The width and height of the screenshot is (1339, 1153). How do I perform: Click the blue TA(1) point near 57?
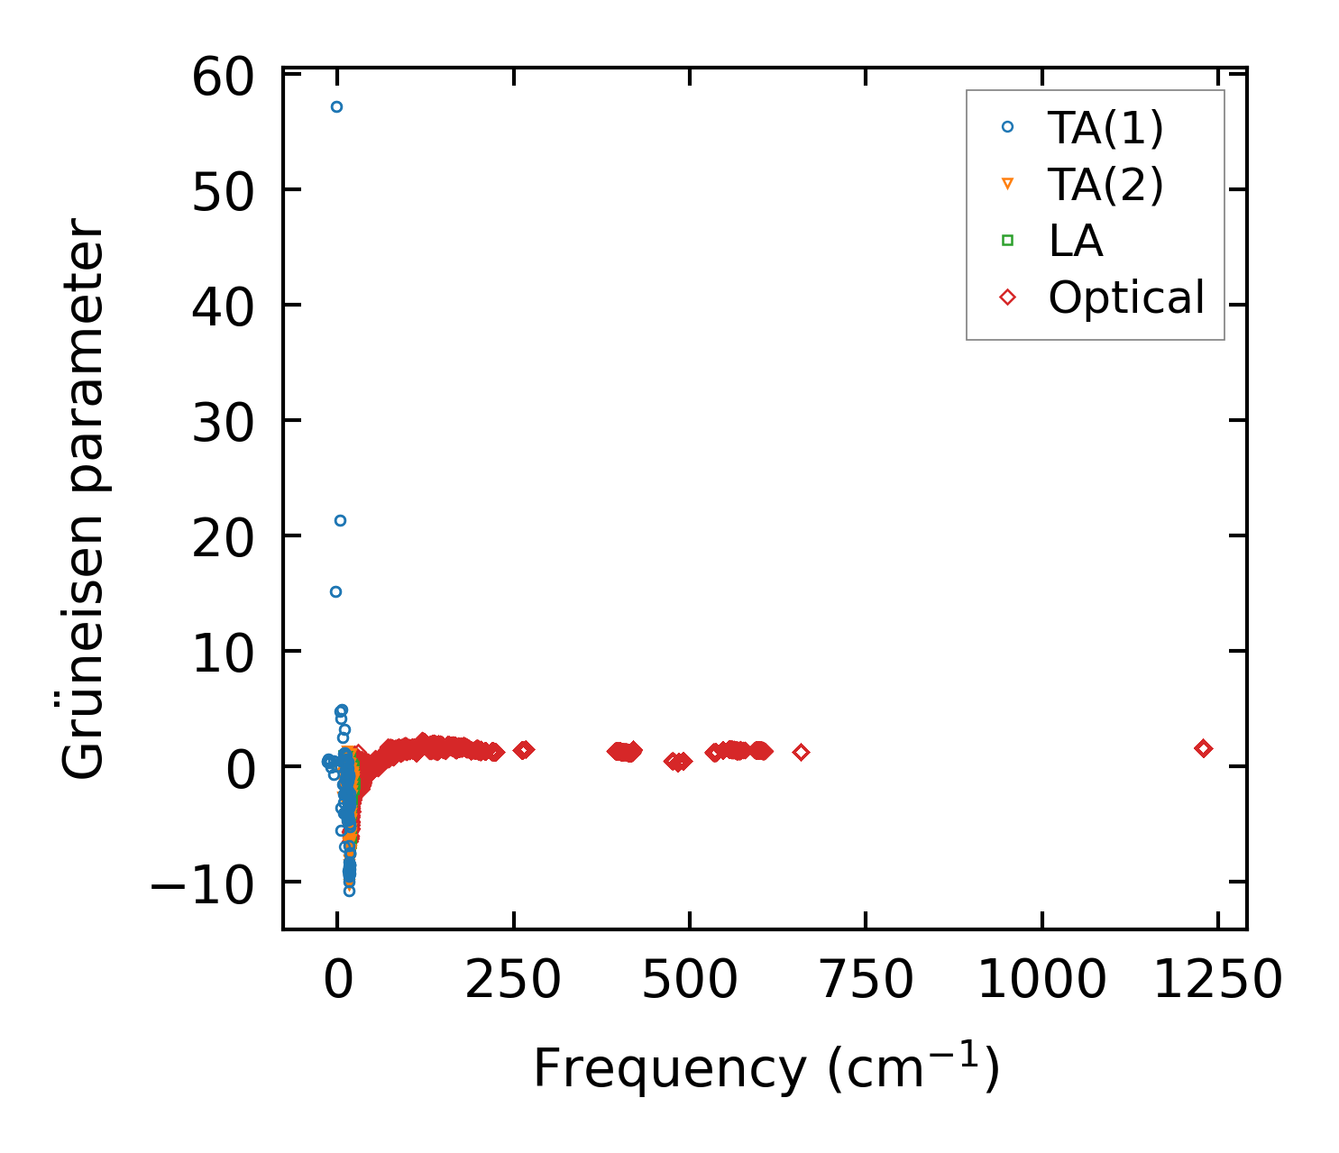click(x=336, y=106)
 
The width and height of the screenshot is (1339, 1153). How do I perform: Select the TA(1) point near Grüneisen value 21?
click(x=340, y=520)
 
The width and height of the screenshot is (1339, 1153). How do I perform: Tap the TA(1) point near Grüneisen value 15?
click(x=335, y=591)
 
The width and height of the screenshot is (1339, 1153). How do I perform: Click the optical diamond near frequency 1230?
click(x=1203, y=748)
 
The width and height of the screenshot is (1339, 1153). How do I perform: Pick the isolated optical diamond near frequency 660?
click(x=801, y=752)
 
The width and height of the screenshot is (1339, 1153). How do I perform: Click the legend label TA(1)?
click(x=1105, y=128)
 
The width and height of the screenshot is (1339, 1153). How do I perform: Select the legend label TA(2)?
click(x=1105, y=185)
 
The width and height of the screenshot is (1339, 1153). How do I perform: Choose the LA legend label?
click(x=1076, y=241)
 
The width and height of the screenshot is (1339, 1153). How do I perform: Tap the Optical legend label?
click(x=1126, y=297)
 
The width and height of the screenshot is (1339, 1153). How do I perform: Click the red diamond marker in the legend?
click(x=1007, y=297)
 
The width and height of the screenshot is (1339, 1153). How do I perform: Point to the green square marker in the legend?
click(x=1007, y=240)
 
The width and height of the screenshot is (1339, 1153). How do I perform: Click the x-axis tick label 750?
click(x=866, y=980)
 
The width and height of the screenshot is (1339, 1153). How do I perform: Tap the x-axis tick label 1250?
click(x=1217, y=980)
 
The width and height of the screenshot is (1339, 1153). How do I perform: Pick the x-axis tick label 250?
click(x=513, y=980)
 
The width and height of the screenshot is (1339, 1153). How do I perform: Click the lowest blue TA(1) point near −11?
click(x=349, y=891)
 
